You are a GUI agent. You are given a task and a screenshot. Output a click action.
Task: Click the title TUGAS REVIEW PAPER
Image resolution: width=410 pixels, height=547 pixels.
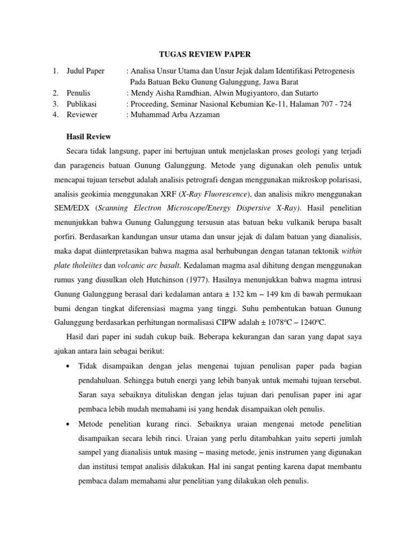pyautogui.click(x=205, y=54)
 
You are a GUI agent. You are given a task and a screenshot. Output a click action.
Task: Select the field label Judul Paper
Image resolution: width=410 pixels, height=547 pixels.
pyautogui.click(x=85, y=71)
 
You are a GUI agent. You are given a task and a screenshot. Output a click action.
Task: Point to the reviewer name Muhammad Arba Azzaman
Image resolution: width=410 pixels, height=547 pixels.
pyautogui.click(x=177, y=114)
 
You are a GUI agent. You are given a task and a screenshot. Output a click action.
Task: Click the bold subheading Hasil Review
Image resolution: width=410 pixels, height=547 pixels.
pyautogui.click(x=88, y=137)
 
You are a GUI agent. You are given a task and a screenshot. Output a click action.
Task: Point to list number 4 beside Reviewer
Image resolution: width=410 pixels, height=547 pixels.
pyautogui.click(x=56, y=114)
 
